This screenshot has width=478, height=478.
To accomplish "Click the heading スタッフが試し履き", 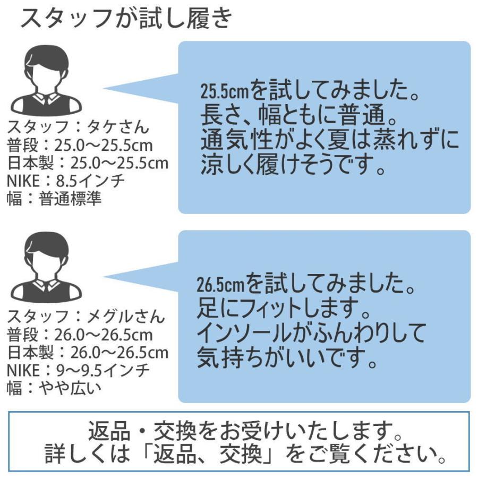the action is pos(126,20).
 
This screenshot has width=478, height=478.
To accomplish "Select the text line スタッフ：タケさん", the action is pos(78,128).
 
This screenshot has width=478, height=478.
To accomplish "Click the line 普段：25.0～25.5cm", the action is pos(80,146).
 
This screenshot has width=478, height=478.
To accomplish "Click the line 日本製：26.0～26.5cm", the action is pos(88,352).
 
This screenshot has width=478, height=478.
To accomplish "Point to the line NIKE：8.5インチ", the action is pos(66,181).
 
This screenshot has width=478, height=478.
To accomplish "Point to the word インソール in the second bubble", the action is pos(242,334).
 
